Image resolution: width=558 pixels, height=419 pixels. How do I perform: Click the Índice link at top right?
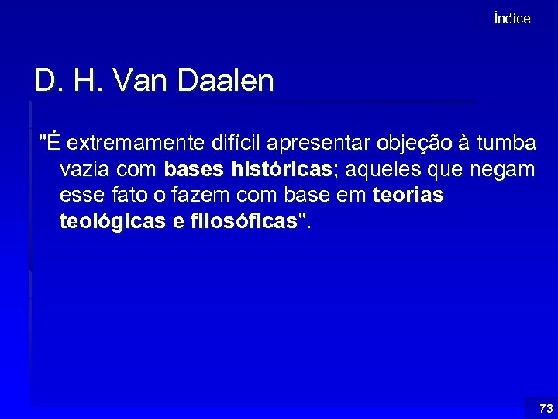(511, 19)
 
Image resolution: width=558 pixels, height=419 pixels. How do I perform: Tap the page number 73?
(546, 408)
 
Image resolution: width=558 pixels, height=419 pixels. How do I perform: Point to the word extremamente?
(136, 144)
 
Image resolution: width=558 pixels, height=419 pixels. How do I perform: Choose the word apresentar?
(323, 144)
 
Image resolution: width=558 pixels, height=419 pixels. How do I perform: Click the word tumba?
(507, 144)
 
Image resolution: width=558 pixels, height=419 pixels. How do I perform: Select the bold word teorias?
(408, 196)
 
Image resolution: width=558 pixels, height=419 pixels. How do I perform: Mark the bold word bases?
(194, 170)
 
